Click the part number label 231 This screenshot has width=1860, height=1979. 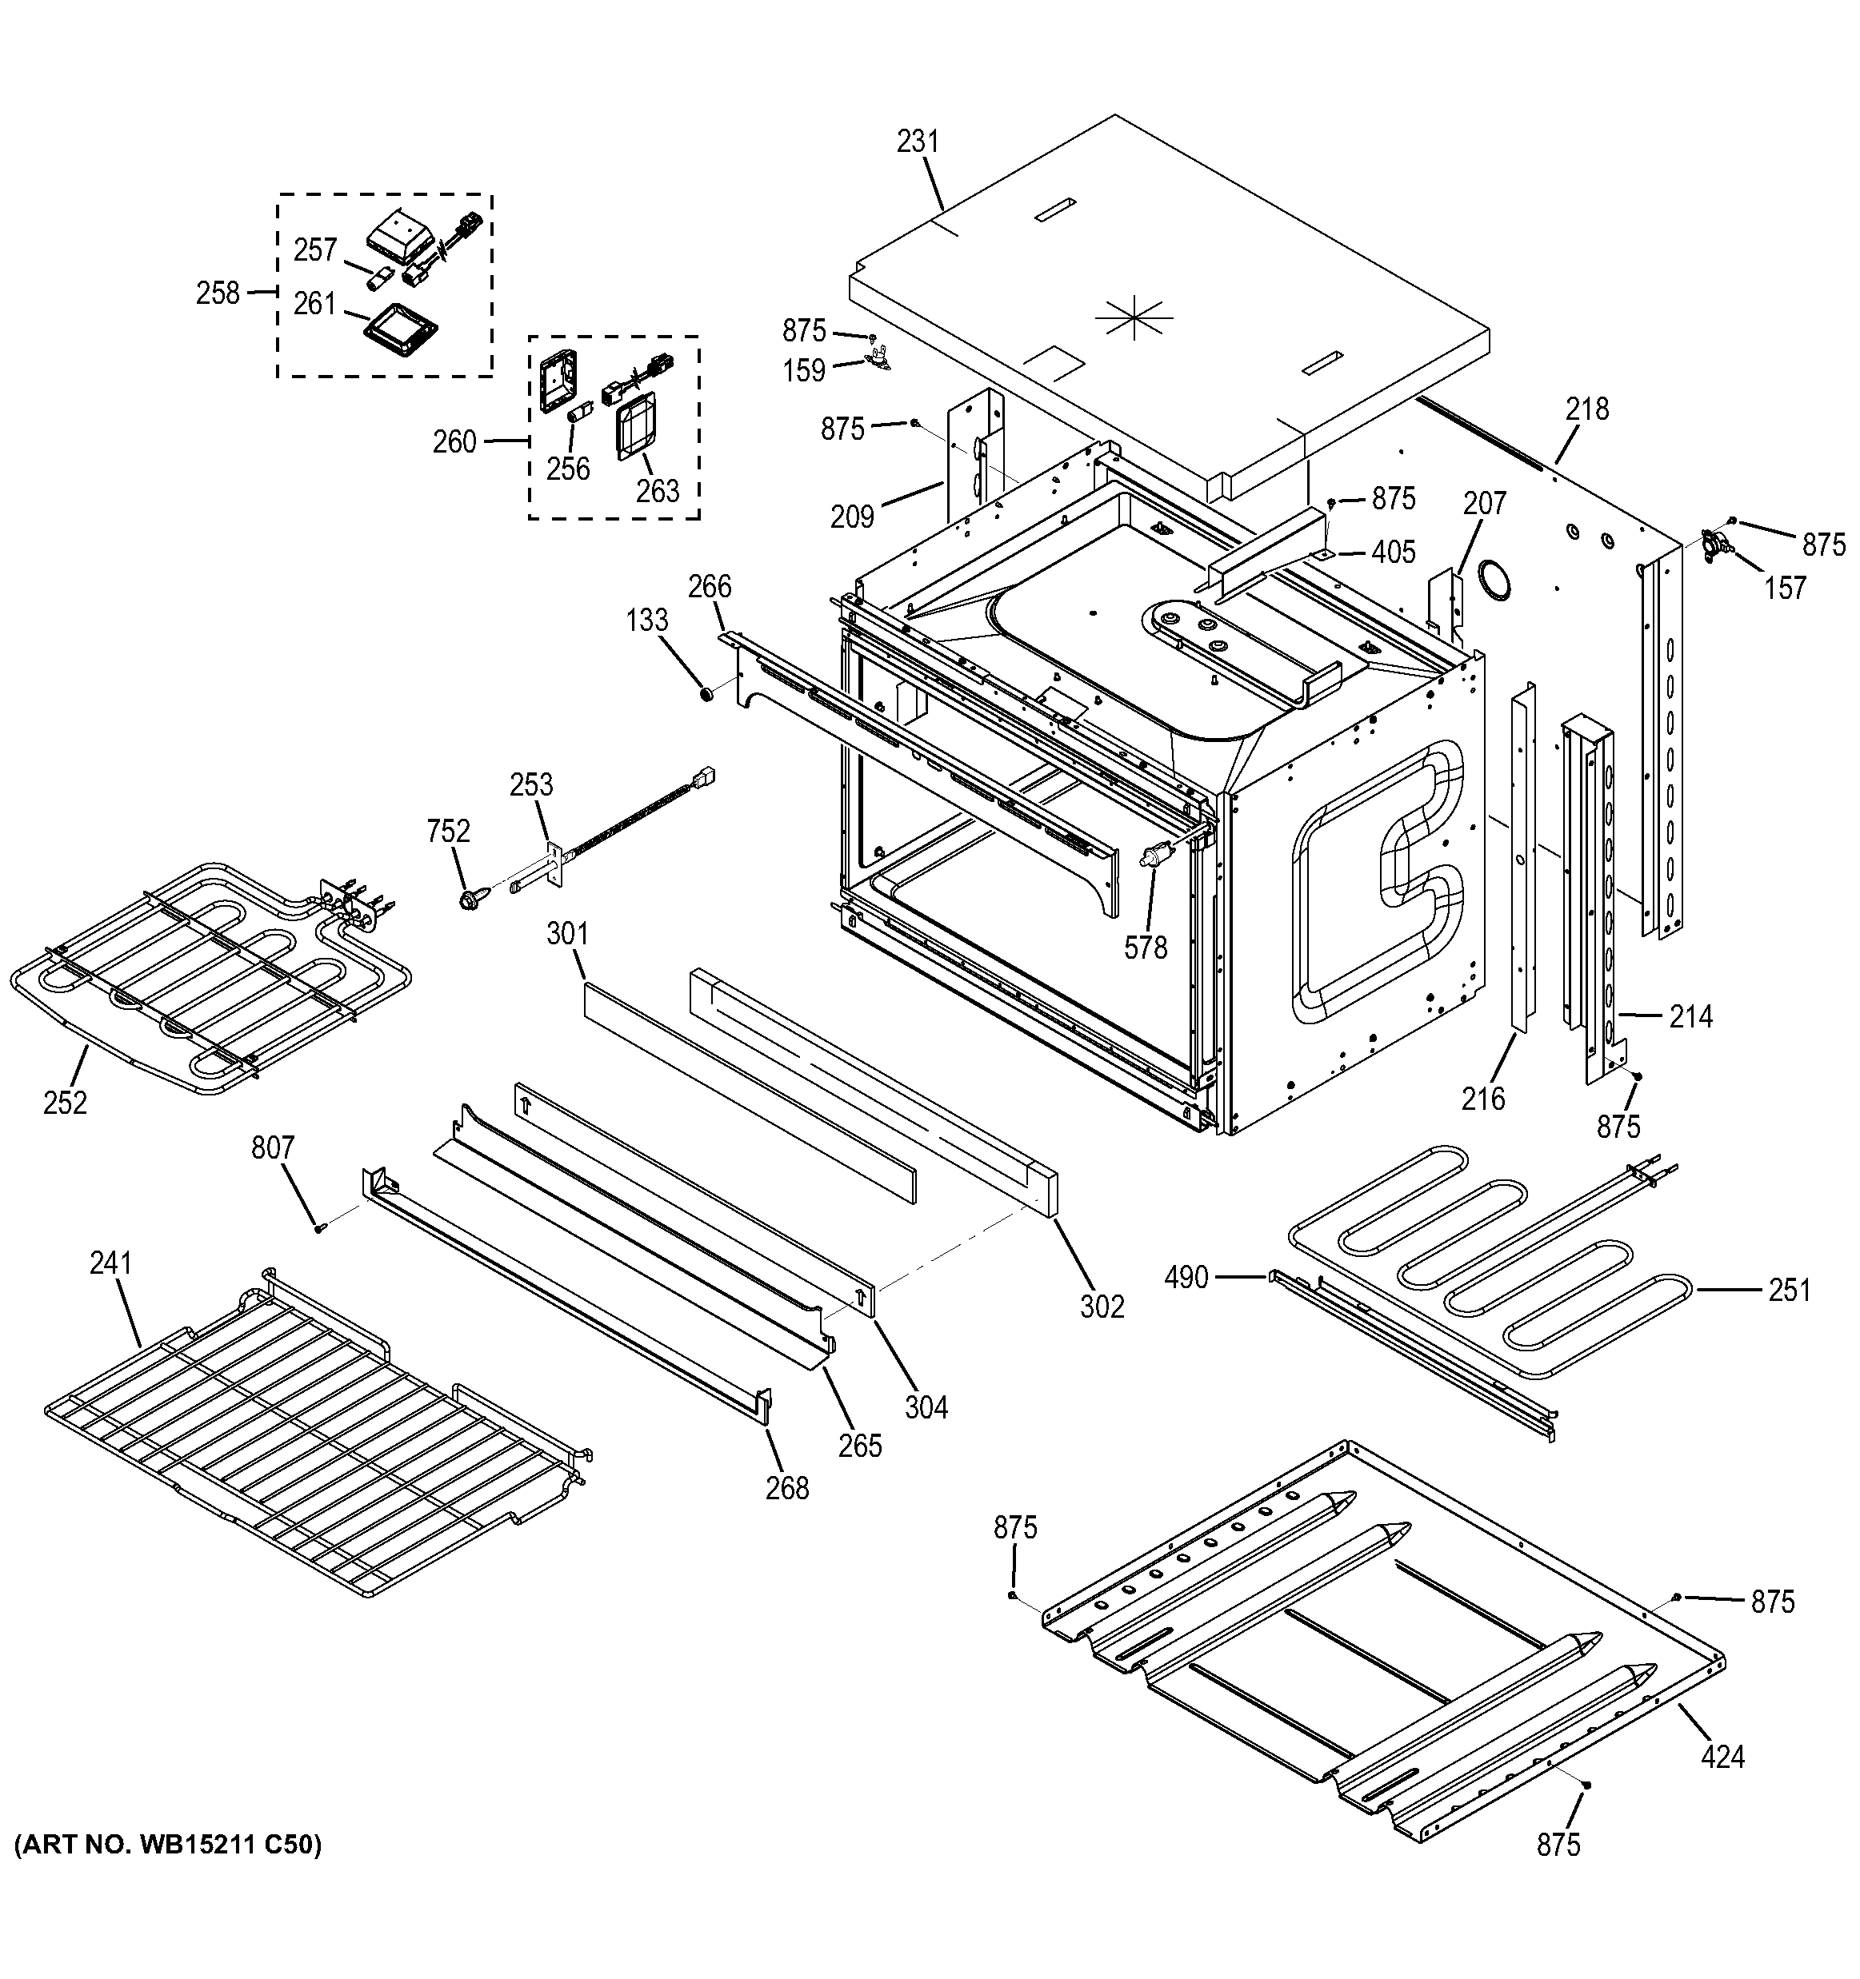pyautogui.click(x=917, y=142)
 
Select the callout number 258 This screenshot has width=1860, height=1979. pyautogui.click(x=218, y=293)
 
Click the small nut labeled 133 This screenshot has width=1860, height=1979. pyautogui.click(x=705, y=692)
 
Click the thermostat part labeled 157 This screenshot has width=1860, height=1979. pyautogui.click(x=1718, y=544)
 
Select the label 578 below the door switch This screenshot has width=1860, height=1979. pyautogui.click(x=1145, y=948)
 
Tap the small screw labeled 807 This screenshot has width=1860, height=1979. pyautogui.click(x=318, y=1228)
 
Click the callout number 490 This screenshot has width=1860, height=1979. pyautogui.click(x=1186, y=1277)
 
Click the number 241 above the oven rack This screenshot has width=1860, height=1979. pyautogui.click(x=110, y=1263)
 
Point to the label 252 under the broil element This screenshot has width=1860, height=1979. pyautogui.click(x=65, y=1103)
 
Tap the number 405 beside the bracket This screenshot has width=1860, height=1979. pyautogui.click(x=1393, y=552)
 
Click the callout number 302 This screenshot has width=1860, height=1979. pyautogui.click(x=1102, y=1306)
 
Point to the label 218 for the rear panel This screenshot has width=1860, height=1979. pyautogui.click(x=1586, y=409)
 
